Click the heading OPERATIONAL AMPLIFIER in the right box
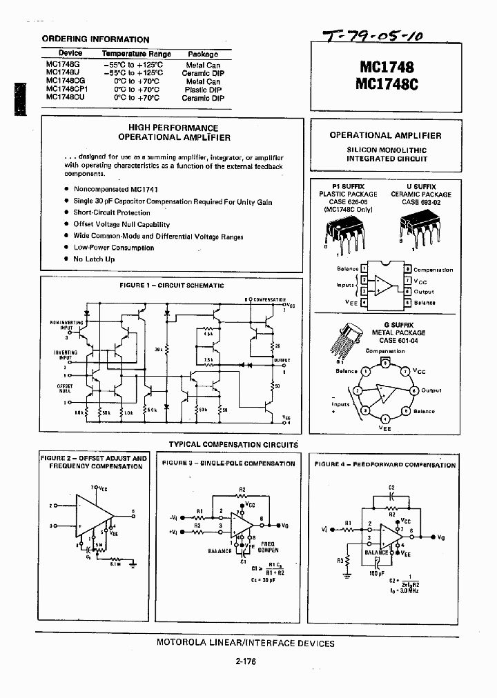[x=386, y=136]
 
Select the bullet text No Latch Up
[x=94, y=259]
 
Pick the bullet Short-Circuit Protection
[x=112, y=213]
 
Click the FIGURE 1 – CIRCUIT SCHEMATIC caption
[x=172, y=285]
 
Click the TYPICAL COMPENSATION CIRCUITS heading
[x=233, y=445]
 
